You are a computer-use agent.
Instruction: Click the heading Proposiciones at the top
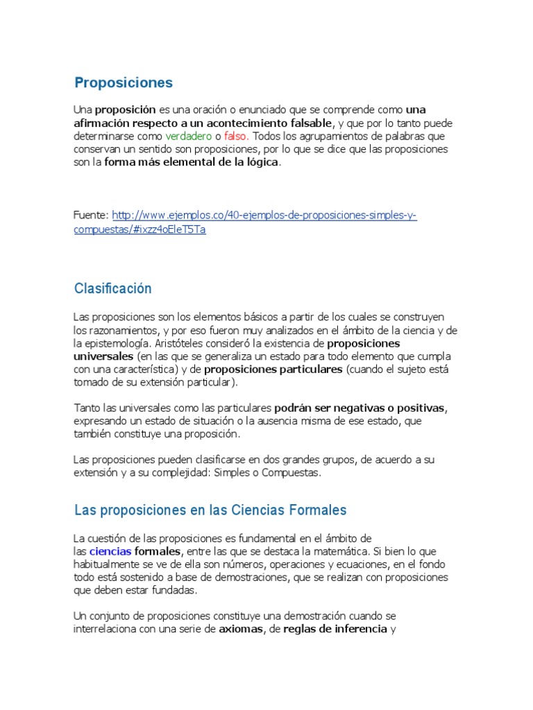(124, 83)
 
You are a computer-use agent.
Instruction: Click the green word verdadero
(188, 137)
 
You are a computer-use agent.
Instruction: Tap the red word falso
(236, 137)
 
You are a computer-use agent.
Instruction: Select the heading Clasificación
(112, 288)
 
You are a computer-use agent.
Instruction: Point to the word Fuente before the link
(91, 216)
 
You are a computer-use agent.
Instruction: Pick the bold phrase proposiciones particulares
(273, 370)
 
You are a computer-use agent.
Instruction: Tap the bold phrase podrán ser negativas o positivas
(359, 408)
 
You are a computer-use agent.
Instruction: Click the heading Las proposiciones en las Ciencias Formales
(210, 510)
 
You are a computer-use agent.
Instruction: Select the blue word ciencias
(110, 552)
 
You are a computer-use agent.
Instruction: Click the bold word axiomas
(240, 630)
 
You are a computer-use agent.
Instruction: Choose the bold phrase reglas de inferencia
(335, 630)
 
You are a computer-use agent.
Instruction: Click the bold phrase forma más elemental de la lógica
(192, 163)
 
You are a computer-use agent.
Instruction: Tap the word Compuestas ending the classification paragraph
(294, 473)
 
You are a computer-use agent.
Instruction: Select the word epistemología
(119, 343)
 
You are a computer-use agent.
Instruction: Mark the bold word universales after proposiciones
(103, 356)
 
